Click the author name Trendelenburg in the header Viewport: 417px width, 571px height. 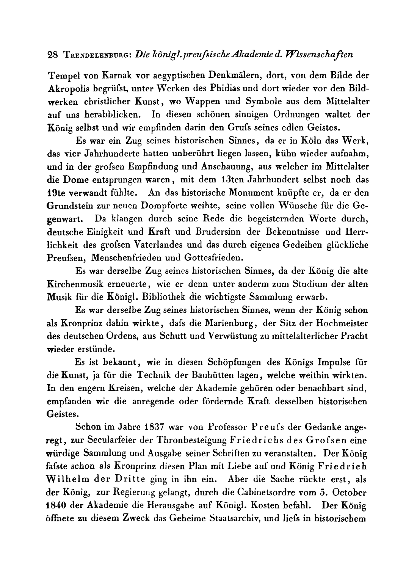coord(98,54)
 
